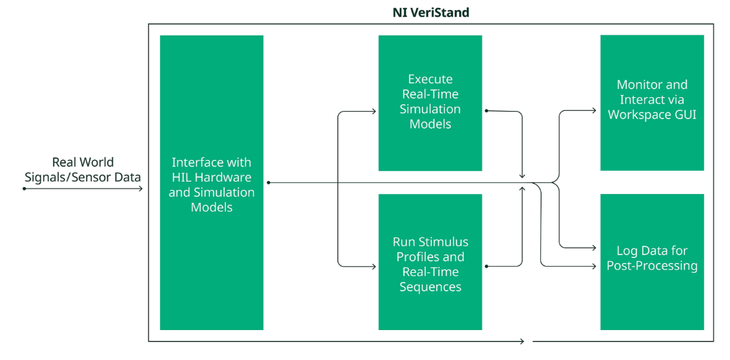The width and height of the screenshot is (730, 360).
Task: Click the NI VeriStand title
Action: click(x=431, y=12)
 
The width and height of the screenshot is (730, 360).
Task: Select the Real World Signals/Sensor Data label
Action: click(x=83, y=169)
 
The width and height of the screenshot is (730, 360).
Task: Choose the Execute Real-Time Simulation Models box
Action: click(x=430, y=103)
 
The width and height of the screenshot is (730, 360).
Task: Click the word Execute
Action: click(x=430, y=79)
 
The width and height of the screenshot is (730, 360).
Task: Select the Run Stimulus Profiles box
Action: click(x=430, y=262)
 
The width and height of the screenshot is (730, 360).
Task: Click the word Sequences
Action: click(x=430, y=287)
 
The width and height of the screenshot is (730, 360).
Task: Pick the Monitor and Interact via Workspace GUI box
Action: click(x=652, y=103)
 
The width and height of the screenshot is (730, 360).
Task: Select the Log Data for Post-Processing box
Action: click(x=652, y=262)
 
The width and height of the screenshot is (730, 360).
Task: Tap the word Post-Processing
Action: click(x=652, y=266)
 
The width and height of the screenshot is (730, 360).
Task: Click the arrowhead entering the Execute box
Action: click(x=374, y=112)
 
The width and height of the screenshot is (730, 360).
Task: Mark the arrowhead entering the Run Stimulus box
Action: click(x=374, y=266)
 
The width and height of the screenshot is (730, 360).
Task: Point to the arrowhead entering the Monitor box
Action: click(x=594, y=110)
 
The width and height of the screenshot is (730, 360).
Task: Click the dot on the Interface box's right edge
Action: click(x=269, y=182)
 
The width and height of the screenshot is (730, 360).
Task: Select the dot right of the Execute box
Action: click(x=486, y=111)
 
